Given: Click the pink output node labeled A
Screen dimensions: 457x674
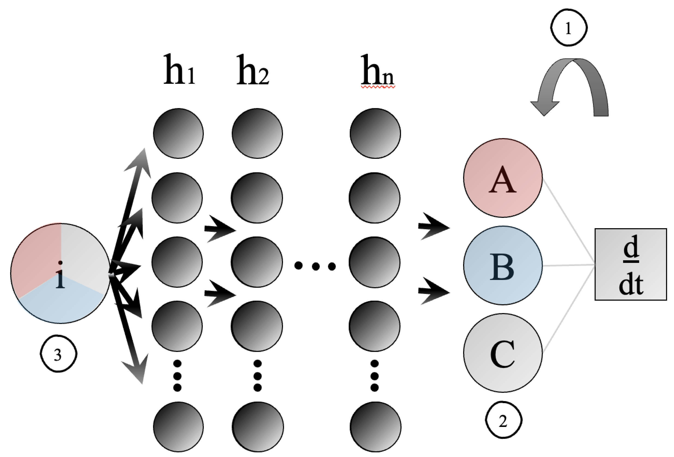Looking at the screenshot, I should point(503,178).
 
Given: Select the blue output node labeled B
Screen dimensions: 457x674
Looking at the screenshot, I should point(503,265).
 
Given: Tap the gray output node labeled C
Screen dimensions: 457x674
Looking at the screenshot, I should point(503,353).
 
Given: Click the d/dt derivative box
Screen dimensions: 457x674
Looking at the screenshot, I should point(631,264).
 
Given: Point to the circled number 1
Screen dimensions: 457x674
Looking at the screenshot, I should point(568,28).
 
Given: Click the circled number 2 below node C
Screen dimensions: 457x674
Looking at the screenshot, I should point(503,420).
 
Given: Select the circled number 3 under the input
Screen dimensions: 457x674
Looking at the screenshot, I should point(58,354).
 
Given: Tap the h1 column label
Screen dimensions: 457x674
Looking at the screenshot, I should point(179,70).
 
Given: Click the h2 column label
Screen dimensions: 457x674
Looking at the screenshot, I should point(252,70).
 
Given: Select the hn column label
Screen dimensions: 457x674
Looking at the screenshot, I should point(377,70).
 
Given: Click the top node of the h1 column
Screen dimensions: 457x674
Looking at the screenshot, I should point(178,133).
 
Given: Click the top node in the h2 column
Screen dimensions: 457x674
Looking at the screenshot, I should point(257,133).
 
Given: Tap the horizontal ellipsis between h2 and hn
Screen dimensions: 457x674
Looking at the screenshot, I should point(315,266).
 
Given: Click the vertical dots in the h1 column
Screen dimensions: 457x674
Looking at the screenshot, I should point(177,376).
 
